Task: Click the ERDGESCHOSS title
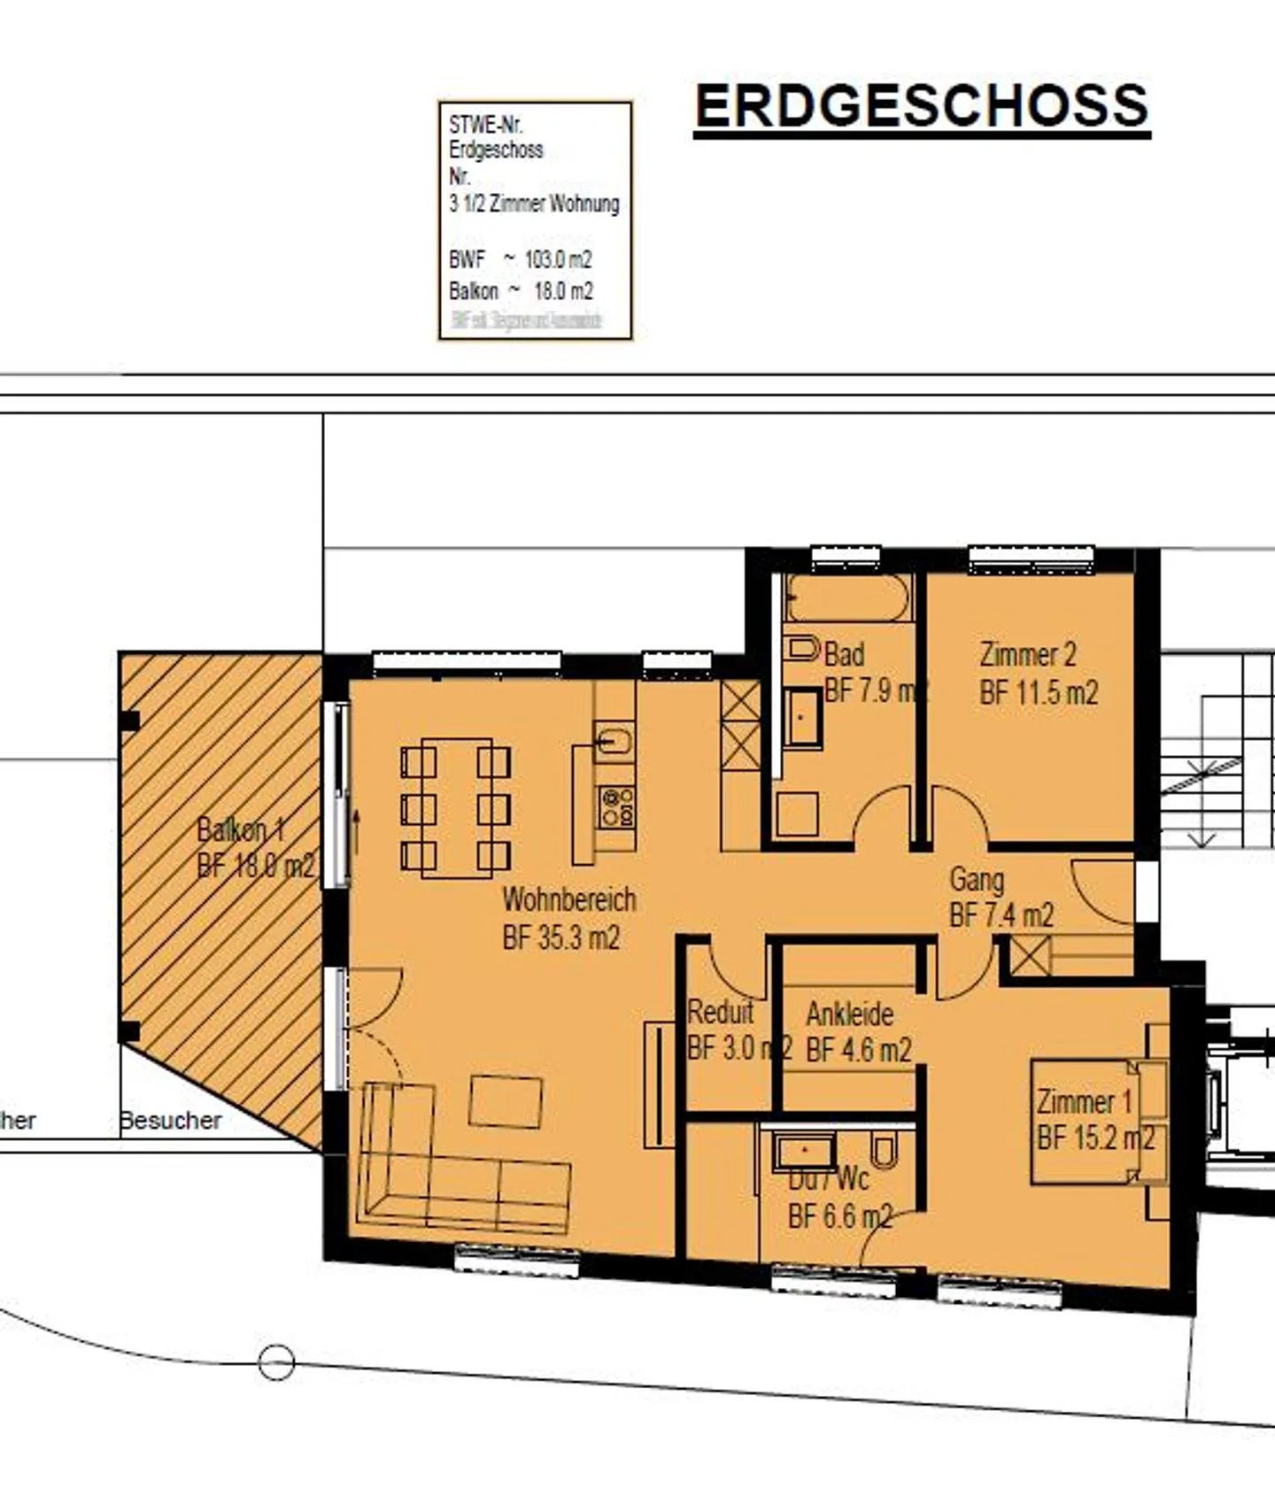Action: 922,106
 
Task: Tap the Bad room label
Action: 845,655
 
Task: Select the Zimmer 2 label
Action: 1028,655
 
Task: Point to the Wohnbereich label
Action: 569,899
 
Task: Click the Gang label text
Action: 977,880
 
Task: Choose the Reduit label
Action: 721,1011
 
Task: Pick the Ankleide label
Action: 850,1014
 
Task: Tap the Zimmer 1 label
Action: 1084,1102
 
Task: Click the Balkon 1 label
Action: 240,829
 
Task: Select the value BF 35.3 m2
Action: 561,937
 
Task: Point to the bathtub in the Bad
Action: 848,599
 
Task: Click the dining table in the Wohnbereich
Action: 456,807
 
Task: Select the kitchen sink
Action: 614,740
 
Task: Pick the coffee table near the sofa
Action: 506,1102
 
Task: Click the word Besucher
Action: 171,1121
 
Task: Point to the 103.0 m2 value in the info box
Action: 558,259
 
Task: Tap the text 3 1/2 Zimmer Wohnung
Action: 534,204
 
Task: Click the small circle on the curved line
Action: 276,1361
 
